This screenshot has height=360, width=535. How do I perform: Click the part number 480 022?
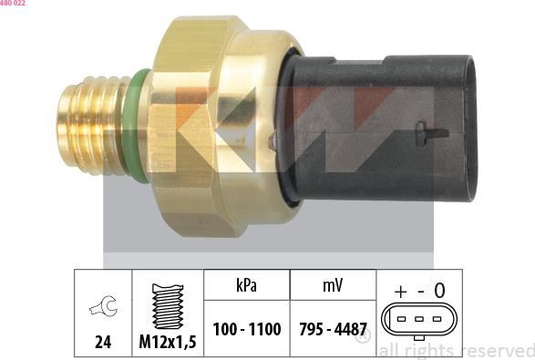click(13, 4)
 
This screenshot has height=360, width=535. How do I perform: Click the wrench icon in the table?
click(102, 309)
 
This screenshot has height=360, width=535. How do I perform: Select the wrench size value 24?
click(102, 343)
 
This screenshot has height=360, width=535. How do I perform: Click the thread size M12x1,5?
click(169, 343)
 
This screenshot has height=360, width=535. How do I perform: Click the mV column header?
click(332, 285)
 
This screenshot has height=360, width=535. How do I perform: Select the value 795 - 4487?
click(332, 329)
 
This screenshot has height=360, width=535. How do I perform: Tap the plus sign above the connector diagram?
click(401, 291)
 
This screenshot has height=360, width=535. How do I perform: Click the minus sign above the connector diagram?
click(420, 291)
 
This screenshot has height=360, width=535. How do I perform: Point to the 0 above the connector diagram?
click(439, 291)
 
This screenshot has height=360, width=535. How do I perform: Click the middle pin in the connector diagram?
click(420, 320)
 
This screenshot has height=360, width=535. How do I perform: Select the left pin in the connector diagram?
click(404, 320)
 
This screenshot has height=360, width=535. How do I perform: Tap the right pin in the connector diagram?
click(437, 320)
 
